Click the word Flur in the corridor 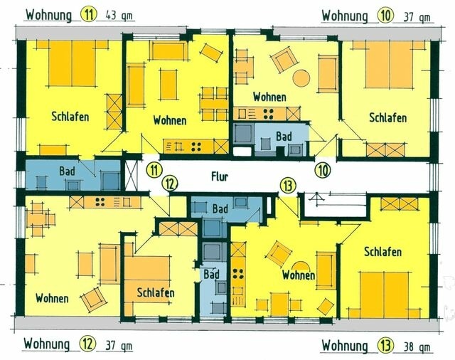pyautogui.click(x=220, y=176)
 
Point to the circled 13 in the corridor pyautogui.click(x=287, y=185)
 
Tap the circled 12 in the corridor pyautogui.click(x=168, y=184)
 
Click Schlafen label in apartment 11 pyautogui.click(x=70, y=117)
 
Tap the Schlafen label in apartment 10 pyautogui.click(x=387, y=117)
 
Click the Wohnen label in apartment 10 pyautogui.click(x=269, y=97)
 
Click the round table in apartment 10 pyautogui.click(x=302, y=78)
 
